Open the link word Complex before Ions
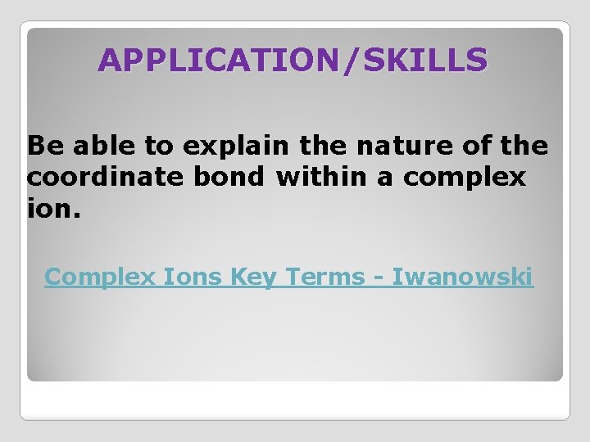pos(100,277)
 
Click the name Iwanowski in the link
pos(462,277)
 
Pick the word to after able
pos(154,147)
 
